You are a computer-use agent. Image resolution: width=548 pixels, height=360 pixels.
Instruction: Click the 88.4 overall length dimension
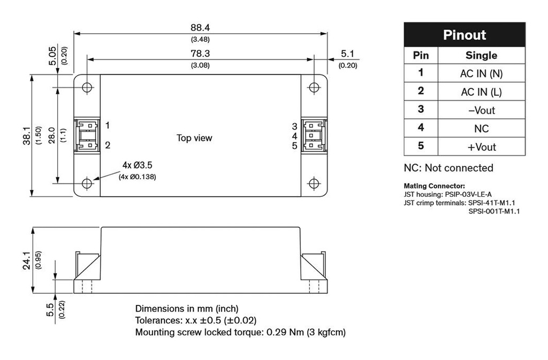point(200,27)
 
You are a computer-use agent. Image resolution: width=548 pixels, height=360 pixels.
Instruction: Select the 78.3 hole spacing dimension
point(200,53)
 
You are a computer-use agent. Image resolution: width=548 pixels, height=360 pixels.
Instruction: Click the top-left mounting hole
point(87,87)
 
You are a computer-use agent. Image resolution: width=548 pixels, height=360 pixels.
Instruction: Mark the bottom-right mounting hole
point(313,183)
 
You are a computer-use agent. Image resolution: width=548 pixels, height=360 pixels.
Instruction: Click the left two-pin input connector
point(87,135)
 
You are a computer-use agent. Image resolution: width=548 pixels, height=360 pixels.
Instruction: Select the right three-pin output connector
point(313,135)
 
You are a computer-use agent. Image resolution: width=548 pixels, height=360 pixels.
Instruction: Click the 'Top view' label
point(194,138)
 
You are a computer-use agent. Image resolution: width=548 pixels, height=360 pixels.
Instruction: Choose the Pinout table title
point(464,35)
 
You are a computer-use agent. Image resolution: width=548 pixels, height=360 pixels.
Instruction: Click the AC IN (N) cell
point(481,74)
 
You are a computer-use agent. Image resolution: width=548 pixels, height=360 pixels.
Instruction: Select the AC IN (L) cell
point(481,92)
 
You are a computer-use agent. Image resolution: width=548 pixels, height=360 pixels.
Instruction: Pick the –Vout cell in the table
point(481,110)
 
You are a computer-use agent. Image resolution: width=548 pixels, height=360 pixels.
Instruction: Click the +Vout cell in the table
point(481,147)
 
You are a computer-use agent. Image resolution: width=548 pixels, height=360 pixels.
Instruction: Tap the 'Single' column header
point(481,55)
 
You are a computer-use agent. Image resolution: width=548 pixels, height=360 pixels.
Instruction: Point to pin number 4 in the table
point(421,128)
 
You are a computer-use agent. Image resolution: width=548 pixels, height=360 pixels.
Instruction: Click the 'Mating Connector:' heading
point(434,186)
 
